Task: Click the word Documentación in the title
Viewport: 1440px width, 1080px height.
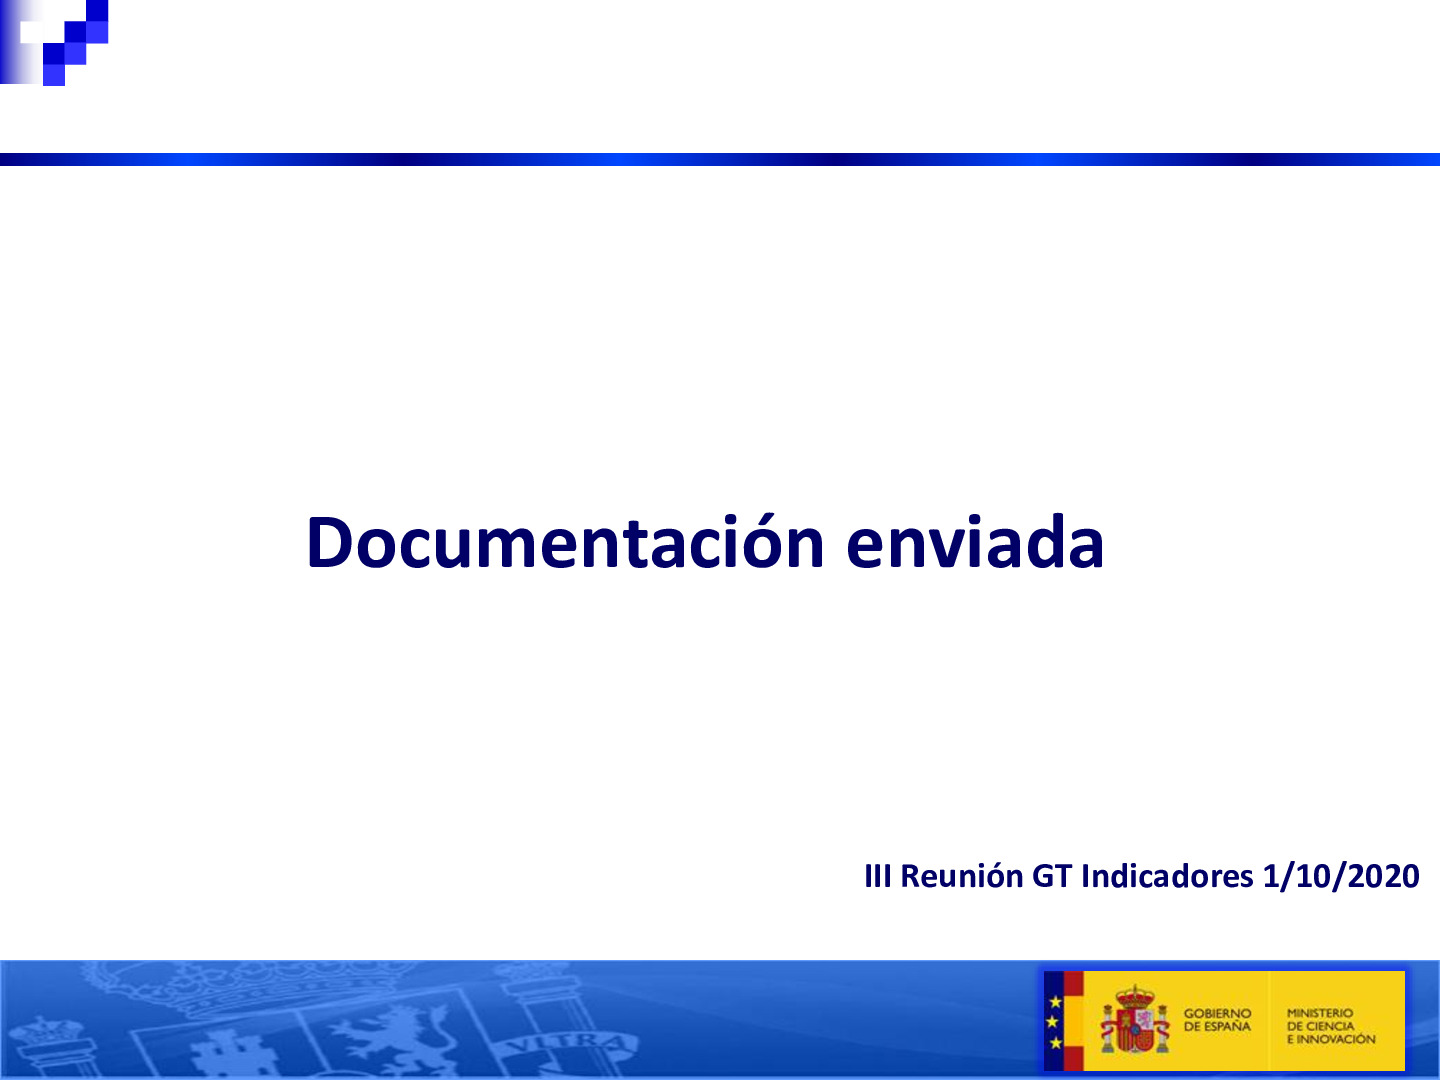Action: [x=565, y=543]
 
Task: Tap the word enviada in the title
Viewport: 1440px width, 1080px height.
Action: [x=975, y=543]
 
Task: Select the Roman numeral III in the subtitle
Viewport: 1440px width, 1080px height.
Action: [x=877, y=877]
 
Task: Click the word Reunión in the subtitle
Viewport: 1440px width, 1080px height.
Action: [x=961, y=877]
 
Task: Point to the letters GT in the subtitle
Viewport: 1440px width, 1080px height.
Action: [x=1051, y=877]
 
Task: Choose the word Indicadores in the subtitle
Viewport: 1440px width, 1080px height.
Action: [x=1166, y=877]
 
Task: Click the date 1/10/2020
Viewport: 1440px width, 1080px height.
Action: [x=1340, y=877]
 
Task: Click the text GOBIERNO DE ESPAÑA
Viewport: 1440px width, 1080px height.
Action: [x=1217, y=1020]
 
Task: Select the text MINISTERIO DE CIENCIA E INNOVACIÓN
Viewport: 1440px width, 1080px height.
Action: [x=1330, y=1026]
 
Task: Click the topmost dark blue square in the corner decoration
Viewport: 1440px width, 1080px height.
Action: [x=97, y=10]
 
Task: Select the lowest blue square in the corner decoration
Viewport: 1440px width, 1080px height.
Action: [x=54, y=75]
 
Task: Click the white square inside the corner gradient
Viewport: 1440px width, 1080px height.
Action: [x=32, y=32]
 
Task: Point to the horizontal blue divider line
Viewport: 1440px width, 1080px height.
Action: [x=720, y=159]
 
